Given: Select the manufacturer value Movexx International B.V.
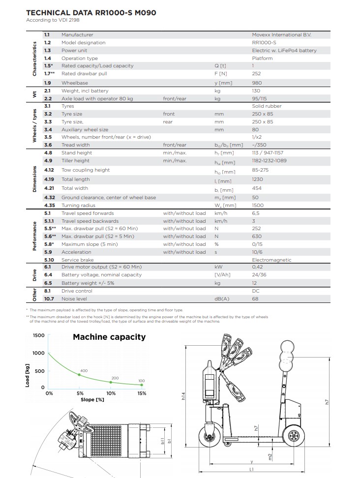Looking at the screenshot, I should click(x=281, y=35).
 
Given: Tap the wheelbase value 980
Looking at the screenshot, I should click(x=257, y=83).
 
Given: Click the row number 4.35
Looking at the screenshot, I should click(x=49, y=205).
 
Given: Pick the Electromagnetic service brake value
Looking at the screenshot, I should click(x=271, y=260).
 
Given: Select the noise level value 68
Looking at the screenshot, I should click(x=255, y=299).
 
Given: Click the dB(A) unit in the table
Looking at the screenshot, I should click(x=222, y=299).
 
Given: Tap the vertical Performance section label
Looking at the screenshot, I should click(x=35, y=236).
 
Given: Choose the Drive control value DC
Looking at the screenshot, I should click(x=255, y=291).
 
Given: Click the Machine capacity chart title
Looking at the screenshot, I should click(x=109, y=337).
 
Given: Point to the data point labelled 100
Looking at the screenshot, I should click(x=142, y=385).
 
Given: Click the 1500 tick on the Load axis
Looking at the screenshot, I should click(x=38, y=335).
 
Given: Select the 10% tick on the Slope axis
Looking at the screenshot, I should click(x=111, y=393).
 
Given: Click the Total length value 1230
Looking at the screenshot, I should click(x=257, y=179).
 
